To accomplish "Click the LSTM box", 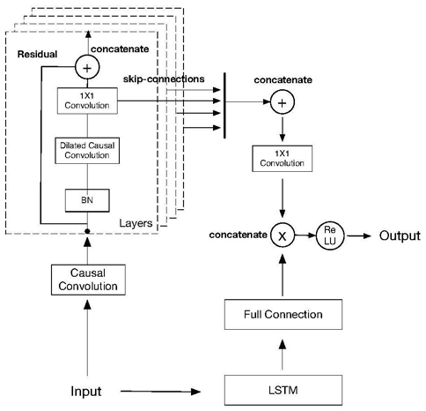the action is [x=283, y=390].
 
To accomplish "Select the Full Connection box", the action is [x=283, y=314].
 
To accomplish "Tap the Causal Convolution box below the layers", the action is [x=88, y=280].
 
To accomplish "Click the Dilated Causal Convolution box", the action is [x=87, y=151].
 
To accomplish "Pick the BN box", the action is [x=87, y=200].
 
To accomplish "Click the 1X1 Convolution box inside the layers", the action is [x=87, y=101].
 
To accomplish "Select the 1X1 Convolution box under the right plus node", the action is [x=282, y=158].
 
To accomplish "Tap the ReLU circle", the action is [x=330, y=235].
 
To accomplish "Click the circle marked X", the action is [x=283, y=235].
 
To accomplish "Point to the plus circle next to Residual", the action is [x=87, y=67].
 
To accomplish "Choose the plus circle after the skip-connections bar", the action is [x=282, y=102].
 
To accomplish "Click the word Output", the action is [x=400, y=235].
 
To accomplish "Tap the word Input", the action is [x=86, y=392].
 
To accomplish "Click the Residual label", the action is [x=37, y=54].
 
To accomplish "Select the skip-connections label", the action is [x=164, y=78].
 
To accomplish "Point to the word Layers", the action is [x=136, y=223].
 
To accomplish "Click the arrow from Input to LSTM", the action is [x=160, y=392].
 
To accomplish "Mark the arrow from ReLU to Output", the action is [x=359, y=235].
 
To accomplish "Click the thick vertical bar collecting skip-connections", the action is [x=224, y=105].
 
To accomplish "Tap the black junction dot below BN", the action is [x=87, y=231].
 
